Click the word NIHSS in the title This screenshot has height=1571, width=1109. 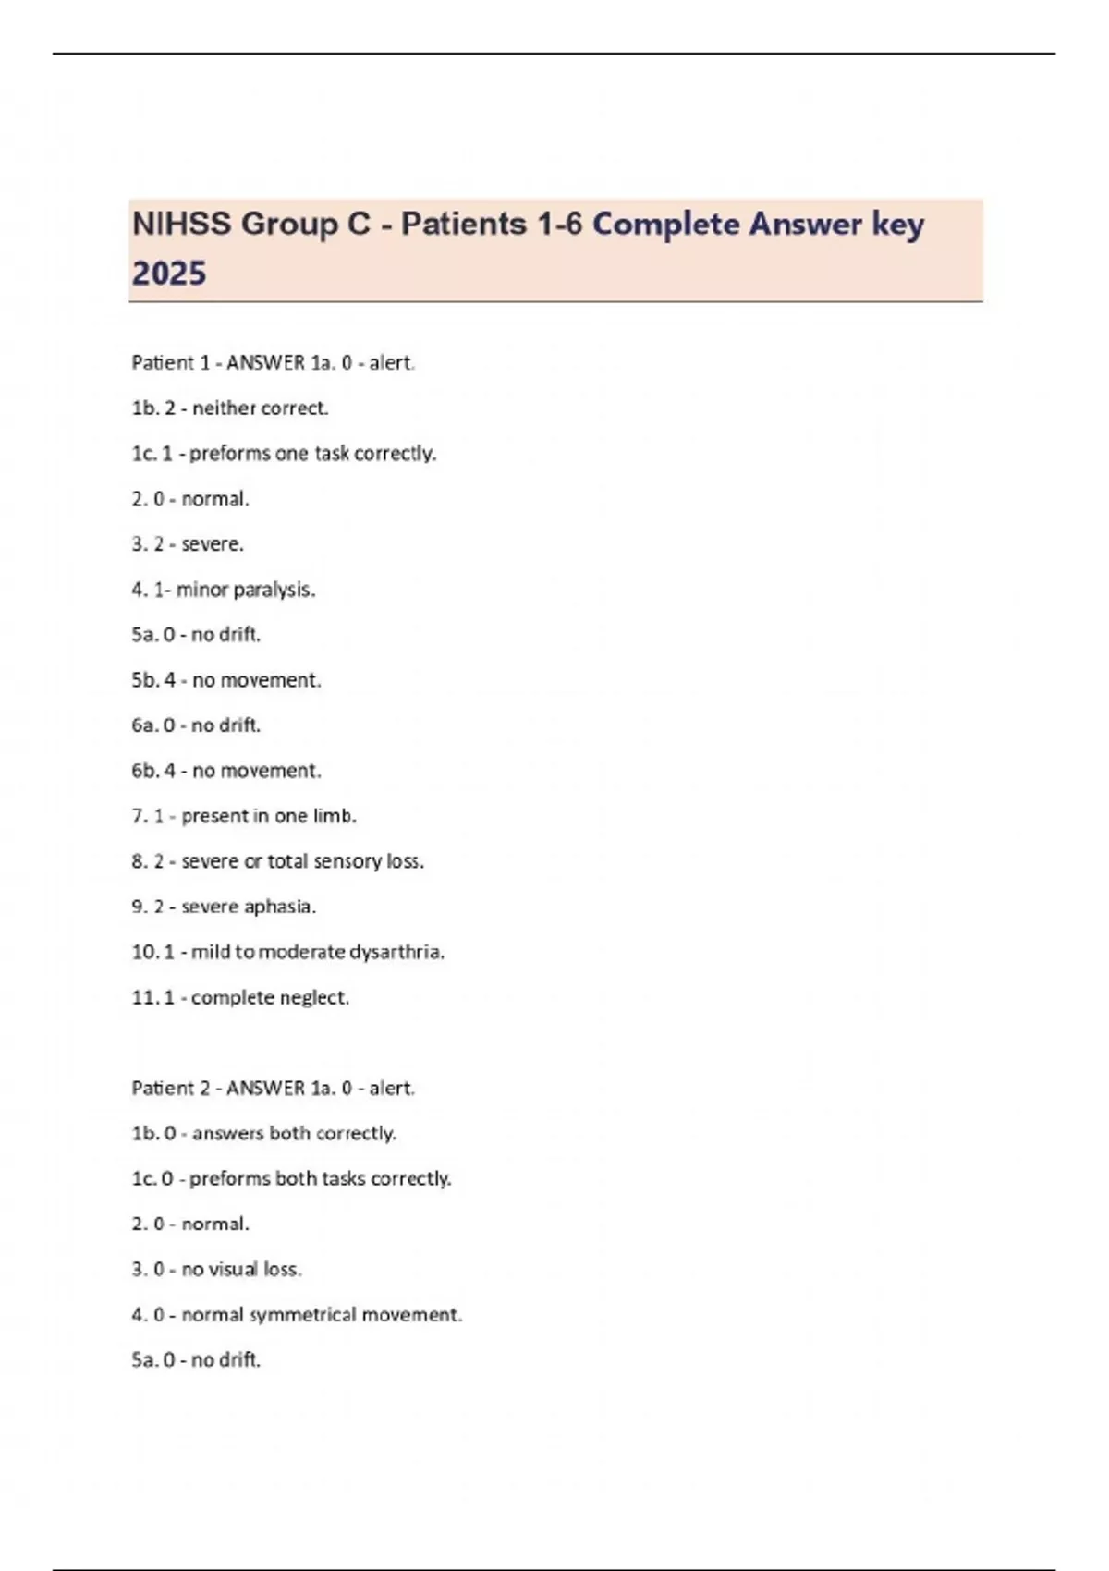(182, 224)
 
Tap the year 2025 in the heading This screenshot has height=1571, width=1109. (169, 274)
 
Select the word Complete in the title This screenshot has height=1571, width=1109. (665, 224)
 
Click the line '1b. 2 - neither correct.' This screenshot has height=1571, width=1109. (230, 408)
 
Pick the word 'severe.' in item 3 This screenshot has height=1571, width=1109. (213, 544)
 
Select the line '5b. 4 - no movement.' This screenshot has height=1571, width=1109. (226, 680)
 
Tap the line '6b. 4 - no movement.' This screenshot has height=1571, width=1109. (226, 771)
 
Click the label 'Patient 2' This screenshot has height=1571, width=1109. (170, 1089)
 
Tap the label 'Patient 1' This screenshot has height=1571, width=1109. (170, 363)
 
